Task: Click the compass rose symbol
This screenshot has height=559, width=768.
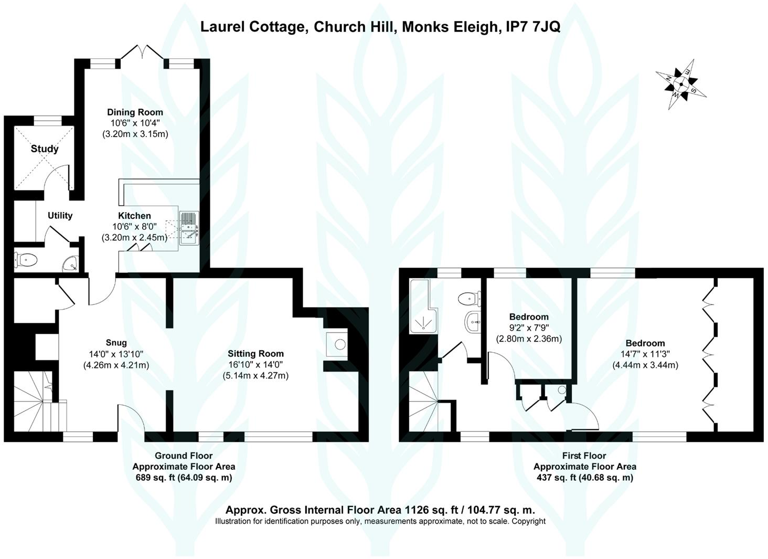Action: pyautogui.click(x=681, y=84)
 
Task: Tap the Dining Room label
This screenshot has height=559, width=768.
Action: pyautogui.click(x=135, y=112)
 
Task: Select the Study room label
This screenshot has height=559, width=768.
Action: pyautogui.click(x=45, y=149)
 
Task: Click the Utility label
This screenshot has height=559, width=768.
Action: pyautogui.click(x=60, y=216)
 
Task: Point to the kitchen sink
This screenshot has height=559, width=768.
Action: pyautogui.click(x=189, y=228)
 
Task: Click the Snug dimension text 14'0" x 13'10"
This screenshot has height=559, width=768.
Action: pyautogui.click(x=116, y=354)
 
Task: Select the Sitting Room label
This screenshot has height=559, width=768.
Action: pyautogui.click(x=255, y=354)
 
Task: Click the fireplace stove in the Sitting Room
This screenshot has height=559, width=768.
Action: pyautogui.click(x=340, y=345)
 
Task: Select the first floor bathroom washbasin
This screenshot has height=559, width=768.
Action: pyautogui.click(x=474, y=320)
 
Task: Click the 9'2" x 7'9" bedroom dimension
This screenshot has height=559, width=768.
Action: pyautogui.click(x=529, y=328)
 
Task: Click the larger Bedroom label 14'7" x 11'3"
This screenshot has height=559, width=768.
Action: pyautogui.click(x=645, y=343)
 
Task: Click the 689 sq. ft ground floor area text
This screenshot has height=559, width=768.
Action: pyautogui.click(x=184, y=477)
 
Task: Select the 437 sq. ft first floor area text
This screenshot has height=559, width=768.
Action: pyautogui.click(x=585, y=477)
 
